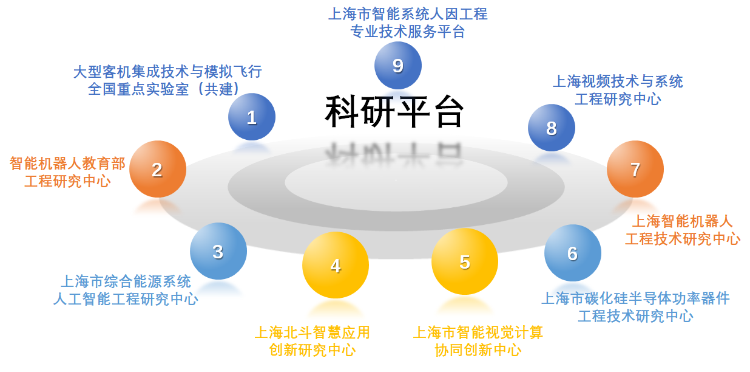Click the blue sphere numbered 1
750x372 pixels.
[252, 117]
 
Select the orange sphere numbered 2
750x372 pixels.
[157, 170]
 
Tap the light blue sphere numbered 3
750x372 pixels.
[218, 252]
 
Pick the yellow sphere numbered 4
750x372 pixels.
[336, 266]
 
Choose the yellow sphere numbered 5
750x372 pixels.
[465, 262]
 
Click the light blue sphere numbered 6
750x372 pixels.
[572, 253]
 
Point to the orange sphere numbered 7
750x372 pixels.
[635, 170]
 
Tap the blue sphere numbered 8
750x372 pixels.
[551, 128]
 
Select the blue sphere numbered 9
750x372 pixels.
[398, 66]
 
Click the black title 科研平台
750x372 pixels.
[394, 112]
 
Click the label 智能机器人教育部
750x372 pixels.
[67, 164]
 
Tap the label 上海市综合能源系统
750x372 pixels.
[126, 281]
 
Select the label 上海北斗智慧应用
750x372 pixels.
[312, 332]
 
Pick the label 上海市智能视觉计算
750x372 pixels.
[478, 332]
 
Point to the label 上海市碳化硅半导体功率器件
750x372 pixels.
[635, 298]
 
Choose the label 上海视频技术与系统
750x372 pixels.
[618, 81]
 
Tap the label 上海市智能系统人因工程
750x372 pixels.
[408, 14]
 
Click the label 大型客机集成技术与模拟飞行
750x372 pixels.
[167, 72]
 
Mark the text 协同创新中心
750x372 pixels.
[478, 350]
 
